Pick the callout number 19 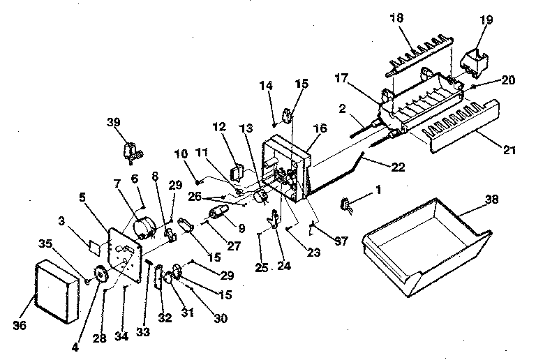(485, 20)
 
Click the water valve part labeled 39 (131, 149)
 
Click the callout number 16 (320, 128)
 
